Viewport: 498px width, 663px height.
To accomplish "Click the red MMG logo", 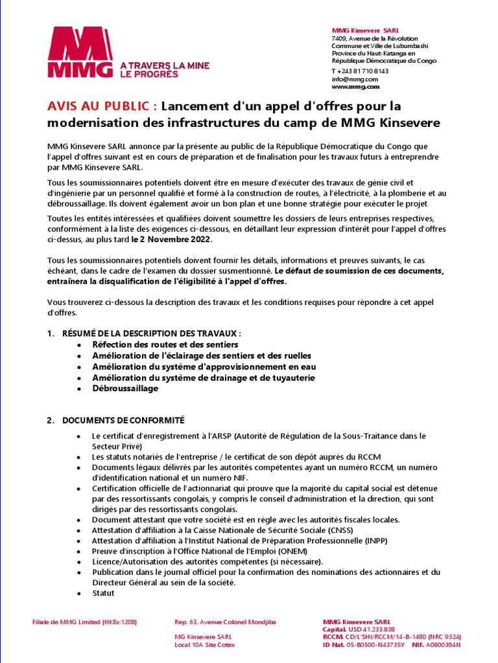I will tap(80, 52).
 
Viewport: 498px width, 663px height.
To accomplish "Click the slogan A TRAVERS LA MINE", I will tap(165, 66).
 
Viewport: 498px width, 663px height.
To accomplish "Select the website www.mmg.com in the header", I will tap(355, 87).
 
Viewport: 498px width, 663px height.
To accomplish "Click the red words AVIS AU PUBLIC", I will tap(102, 106).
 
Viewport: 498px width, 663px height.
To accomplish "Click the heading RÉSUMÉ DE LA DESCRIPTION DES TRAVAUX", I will tap(151, 333).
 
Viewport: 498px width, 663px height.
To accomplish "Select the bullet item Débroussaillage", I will tap(125, 389).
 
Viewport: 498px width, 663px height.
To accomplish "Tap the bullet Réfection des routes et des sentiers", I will tap(165, 345).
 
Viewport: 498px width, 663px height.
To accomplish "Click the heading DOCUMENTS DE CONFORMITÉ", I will tap(123, 421).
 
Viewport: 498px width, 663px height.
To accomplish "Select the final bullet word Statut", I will tap(103, 593).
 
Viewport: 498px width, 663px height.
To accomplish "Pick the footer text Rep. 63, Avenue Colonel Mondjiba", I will tap(226, 622).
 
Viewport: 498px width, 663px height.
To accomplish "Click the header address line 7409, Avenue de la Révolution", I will tap(375, 39).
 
